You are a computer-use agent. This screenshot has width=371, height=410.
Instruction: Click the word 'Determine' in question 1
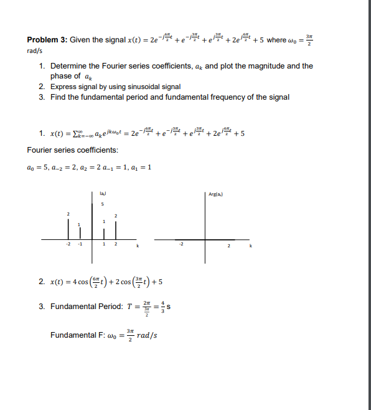68,65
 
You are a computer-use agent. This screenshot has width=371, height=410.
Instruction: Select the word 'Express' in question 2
63,87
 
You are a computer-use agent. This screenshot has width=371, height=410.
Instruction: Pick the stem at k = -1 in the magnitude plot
79,233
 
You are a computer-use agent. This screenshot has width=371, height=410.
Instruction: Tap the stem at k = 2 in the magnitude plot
115,229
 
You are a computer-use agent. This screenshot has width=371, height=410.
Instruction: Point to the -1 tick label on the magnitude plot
79,244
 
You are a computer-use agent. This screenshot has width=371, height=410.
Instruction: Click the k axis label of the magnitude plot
137,247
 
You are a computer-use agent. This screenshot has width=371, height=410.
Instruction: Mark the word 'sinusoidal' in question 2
134,87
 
